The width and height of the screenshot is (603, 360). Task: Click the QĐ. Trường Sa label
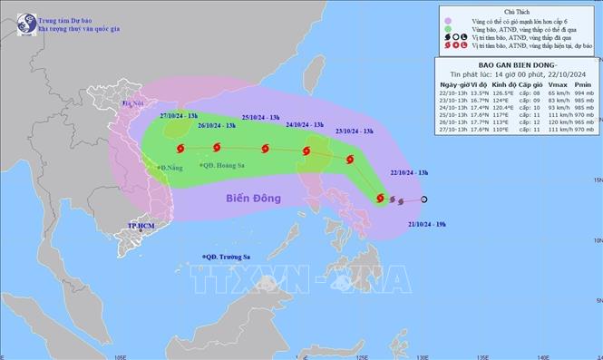pos(229,257)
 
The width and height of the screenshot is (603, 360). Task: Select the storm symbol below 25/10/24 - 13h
pos(264,150)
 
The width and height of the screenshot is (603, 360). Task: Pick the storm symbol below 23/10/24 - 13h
pos(348,160)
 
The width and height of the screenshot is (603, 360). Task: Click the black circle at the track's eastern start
pos(424,200)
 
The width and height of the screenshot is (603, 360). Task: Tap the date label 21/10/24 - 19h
pos(427,222)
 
